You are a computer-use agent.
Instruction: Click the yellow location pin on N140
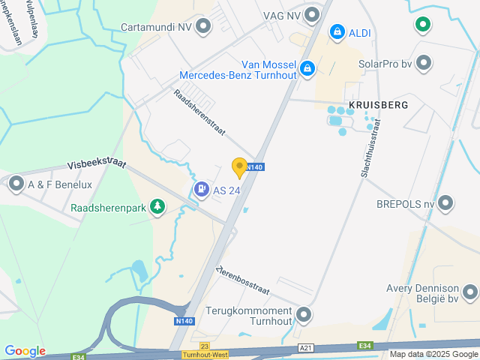click(239, 167)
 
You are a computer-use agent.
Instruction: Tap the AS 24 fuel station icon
click(201, 190)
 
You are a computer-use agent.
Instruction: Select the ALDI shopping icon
click(337, 31)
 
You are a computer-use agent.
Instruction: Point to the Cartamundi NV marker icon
click(203, 26)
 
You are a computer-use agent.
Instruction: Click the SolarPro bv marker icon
click(424, 63)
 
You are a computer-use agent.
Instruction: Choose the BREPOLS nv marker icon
click(446, 202)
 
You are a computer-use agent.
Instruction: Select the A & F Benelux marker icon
click(16, 184)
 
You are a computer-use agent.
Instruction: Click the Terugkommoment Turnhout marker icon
click(304, 314)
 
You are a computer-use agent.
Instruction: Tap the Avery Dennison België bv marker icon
click(470, 292)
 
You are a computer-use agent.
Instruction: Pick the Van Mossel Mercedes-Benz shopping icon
click(307, 69)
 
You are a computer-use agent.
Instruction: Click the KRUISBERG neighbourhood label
click(378, 105)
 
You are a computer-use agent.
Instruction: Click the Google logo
click(25, 351)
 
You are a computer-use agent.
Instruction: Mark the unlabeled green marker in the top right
click(424, 25)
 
